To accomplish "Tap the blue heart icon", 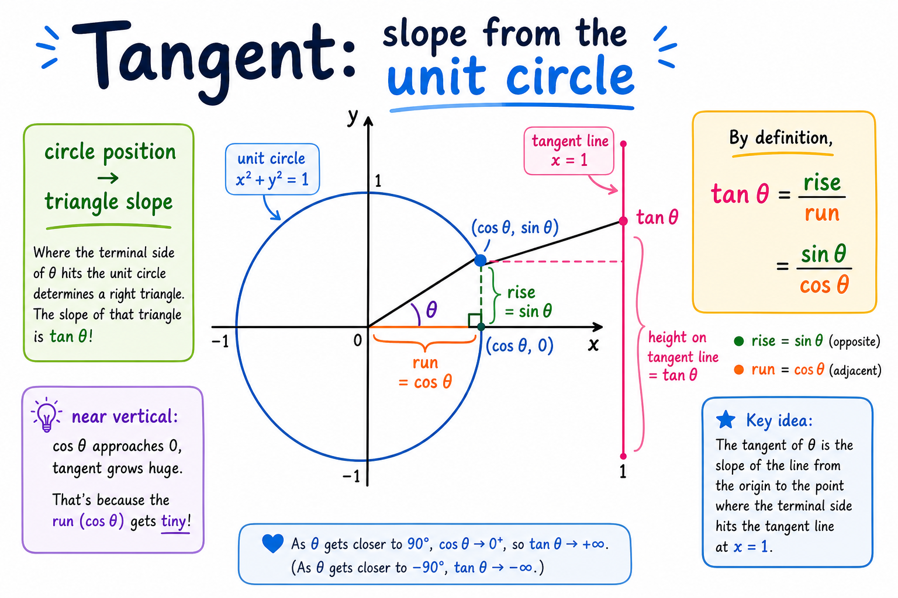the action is pos(272,544).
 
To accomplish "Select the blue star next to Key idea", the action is pos(726,420).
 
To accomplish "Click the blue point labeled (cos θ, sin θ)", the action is pos(480,260).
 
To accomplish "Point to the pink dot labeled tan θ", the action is pos(623,221).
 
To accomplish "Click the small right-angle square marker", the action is pos(475,320).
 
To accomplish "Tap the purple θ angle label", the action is pos(431,310).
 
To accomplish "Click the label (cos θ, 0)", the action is pos(520,346).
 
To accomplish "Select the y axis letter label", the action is pos(353,117).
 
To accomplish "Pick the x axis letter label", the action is pos(593,345).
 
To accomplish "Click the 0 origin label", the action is pos(358,340).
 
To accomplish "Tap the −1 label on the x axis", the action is pos(220,342).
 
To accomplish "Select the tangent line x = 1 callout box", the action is pos(569,151).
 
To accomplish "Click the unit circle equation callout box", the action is pos(272,169).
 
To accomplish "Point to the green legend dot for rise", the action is pos(739,341).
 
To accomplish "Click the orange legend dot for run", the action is pos(739,370).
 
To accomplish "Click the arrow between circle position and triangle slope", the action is pos(108,178).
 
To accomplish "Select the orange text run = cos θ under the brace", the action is pos(426,373).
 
